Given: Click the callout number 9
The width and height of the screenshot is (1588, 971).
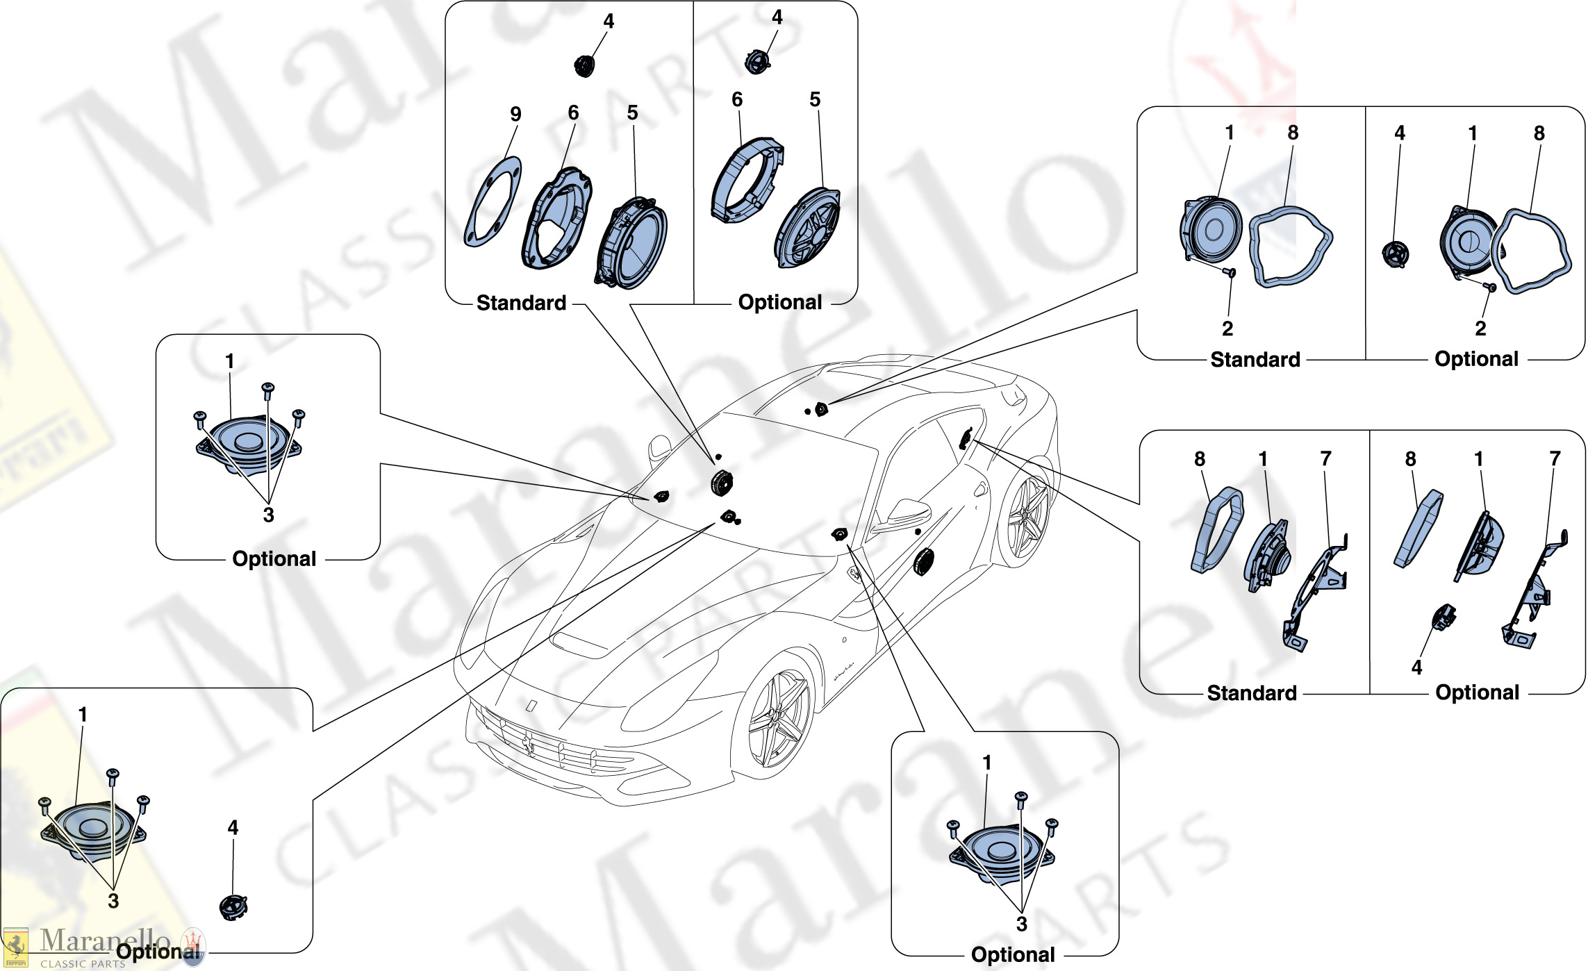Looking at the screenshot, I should pyautogui.click(x=515, y=115).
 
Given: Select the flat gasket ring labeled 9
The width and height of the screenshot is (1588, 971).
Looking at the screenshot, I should pyautogui.click(x=493, y=202).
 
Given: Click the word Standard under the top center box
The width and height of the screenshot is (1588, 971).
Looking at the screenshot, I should pyautogui.click(x=521, y=304).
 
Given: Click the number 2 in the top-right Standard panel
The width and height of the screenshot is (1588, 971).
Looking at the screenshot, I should pyautogui.click(x=1227, y=329).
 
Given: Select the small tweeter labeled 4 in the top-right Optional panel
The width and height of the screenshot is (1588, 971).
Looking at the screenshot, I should pyautogui.click(x=1395, y=254).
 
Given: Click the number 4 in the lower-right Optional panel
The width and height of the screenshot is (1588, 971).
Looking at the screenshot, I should pyautogui.click(x=1417, y=668).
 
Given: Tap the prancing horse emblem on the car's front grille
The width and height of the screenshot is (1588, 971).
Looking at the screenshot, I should pyautogui.click(x=529, y=742).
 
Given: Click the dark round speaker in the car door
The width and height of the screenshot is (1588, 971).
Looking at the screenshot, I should pyautogui.click(x=924, y=561).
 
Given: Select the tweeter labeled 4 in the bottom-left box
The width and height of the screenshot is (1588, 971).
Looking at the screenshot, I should pyautogui.click(x=233, y=907).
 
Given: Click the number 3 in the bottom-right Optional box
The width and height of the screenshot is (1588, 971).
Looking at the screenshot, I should pyautogui.click(x=1021, y=924).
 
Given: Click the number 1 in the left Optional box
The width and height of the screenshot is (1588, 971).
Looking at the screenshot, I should pyautogui.click(x=230, y=361).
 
